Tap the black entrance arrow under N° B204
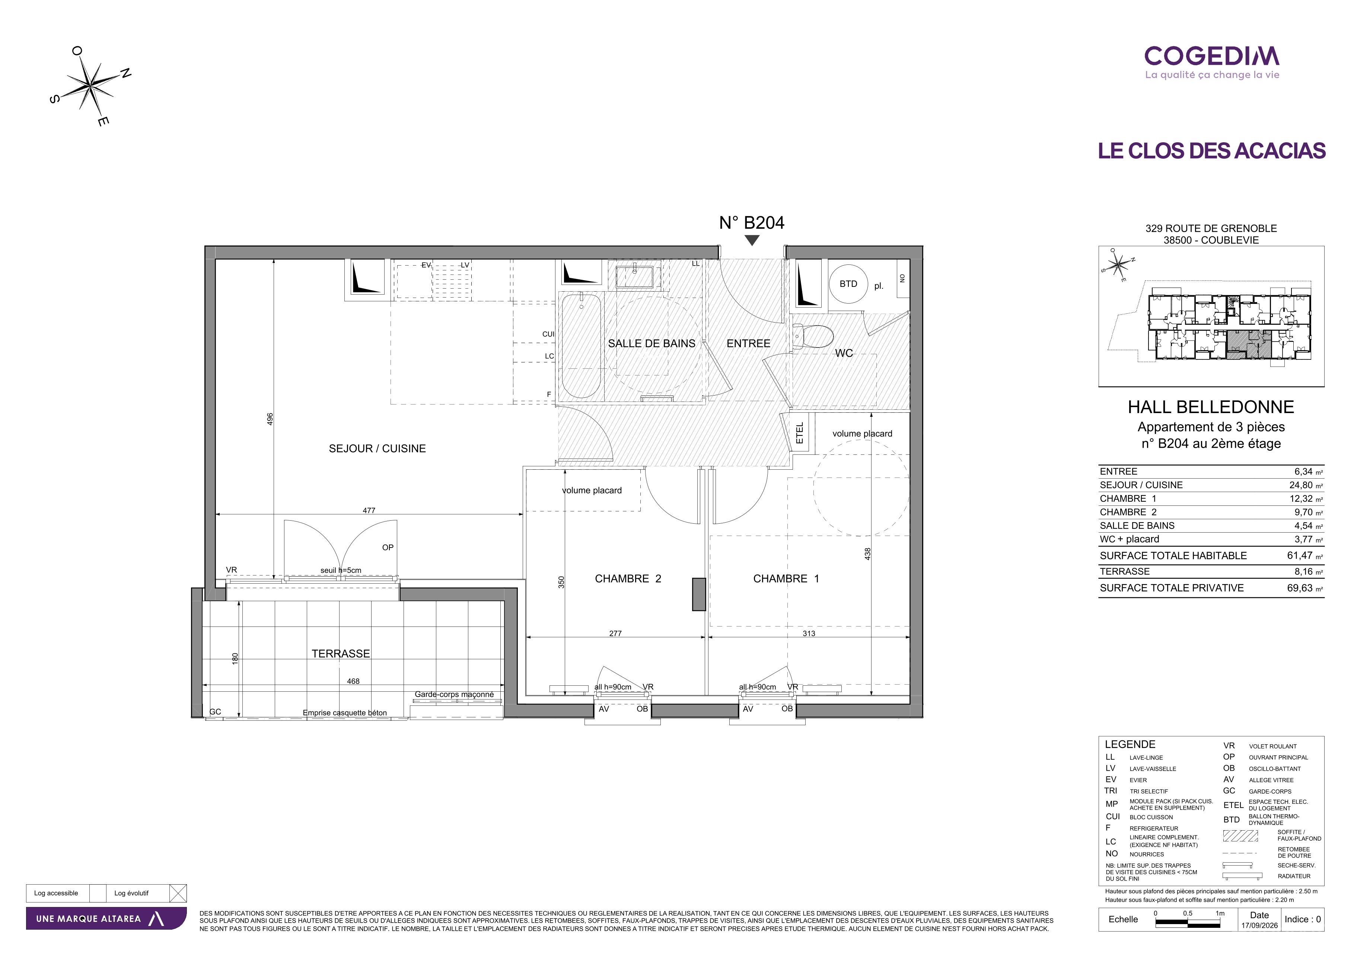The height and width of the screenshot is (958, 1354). tap(752, 240)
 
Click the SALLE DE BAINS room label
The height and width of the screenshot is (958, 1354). tap(651, 343)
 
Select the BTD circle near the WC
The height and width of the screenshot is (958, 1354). tap(848, 284)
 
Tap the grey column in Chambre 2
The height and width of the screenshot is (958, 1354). tap(699, 594)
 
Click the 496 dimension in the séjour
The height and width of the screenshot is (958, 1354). tap(270, 419)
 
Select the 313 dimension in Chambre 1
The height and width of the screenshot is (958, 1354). tap(809, 634)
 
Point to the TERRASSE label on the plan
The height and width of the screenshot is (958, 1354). tap(341, 654)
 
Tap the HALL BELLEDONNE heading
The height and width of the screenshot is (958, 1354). tap(1211, 407)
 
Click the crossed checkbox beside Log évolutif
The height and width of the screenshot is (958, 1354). tap(178, 893)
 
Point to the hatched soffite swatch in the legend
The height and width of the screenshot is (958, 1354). tap(1240, 835)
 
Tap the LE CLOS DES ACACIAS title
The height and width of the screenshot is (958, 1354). tap(1211, 151)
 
